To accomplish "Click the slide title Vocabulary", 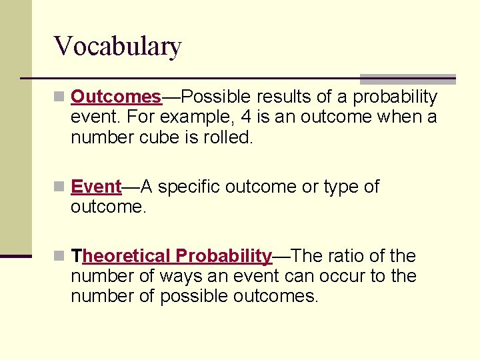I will tap(117, 47).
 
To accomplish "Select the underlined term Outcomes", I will tap(116, 97).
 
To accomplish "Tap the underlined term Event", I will tap(96, 187).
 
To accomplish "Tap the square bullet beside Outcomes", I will tap(60, 97).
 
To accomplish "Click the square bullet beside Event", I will tap(60, 187).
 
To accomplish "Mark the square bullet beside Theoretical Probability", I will tap(60, 256).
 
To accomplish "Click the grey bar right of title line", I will tap(407, 79).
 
